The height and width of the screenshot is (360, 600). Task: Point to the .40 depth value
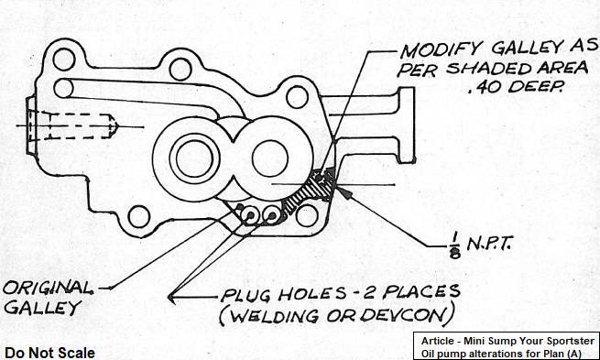point(483,87)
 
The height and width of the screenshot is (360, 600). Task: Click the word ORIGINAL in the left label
point(48,288)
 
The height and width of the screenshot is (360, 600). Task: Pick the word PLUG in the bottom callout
point(245,295)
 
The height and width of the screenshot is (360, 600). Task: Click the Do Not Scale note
point(49,353)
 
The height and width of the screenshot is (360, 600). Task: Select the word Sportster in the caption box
point(570,341)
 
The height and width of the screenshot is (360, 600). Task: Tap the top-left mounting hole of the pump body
point(63,60)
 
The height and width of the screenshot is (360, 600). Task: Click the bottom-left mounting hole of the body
point(138,216)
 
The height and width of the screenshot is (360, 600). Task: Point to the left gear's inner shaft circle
point(194,158)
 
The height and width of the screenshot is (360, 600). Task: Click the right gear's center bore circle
point(269,158)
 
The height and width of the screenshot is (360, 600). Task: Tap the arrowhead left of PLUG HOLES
point(171,298)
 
